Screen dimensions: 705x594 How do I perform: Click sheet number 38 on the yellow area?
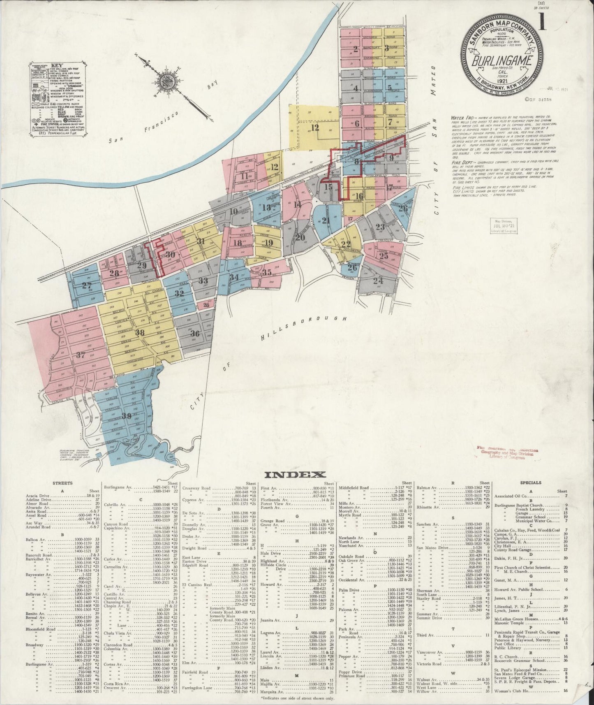pos(141,332)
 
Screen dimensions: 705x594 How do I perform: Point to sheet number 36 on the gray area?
pos(195,333)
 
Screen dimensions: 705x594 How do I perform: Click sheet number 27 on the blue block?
pos(87,285)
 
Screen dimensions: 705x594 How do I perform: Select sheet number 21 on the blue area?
pos(326,220)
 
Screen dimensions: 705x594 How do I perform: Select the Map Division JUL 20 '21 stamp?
pos(504,225)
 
